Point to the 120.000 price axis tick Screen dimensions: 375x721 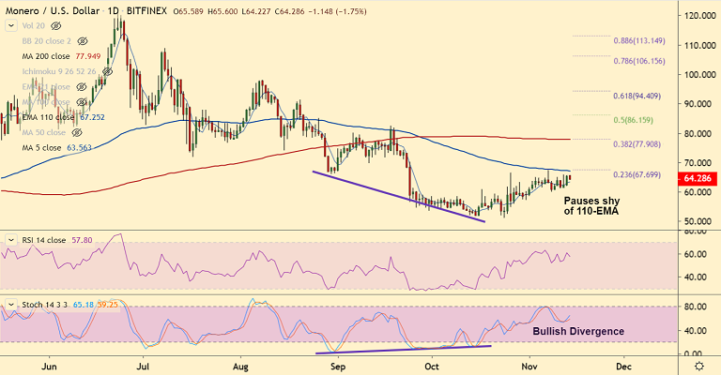697,16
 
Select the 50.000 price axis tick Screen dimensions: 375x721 697,221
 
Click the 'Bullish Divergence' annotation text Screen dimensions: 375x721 578,332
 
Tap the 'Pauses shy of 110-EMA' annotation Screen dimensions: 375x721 591,206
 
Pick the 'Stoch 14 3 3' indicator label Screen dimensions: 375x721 36,305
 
